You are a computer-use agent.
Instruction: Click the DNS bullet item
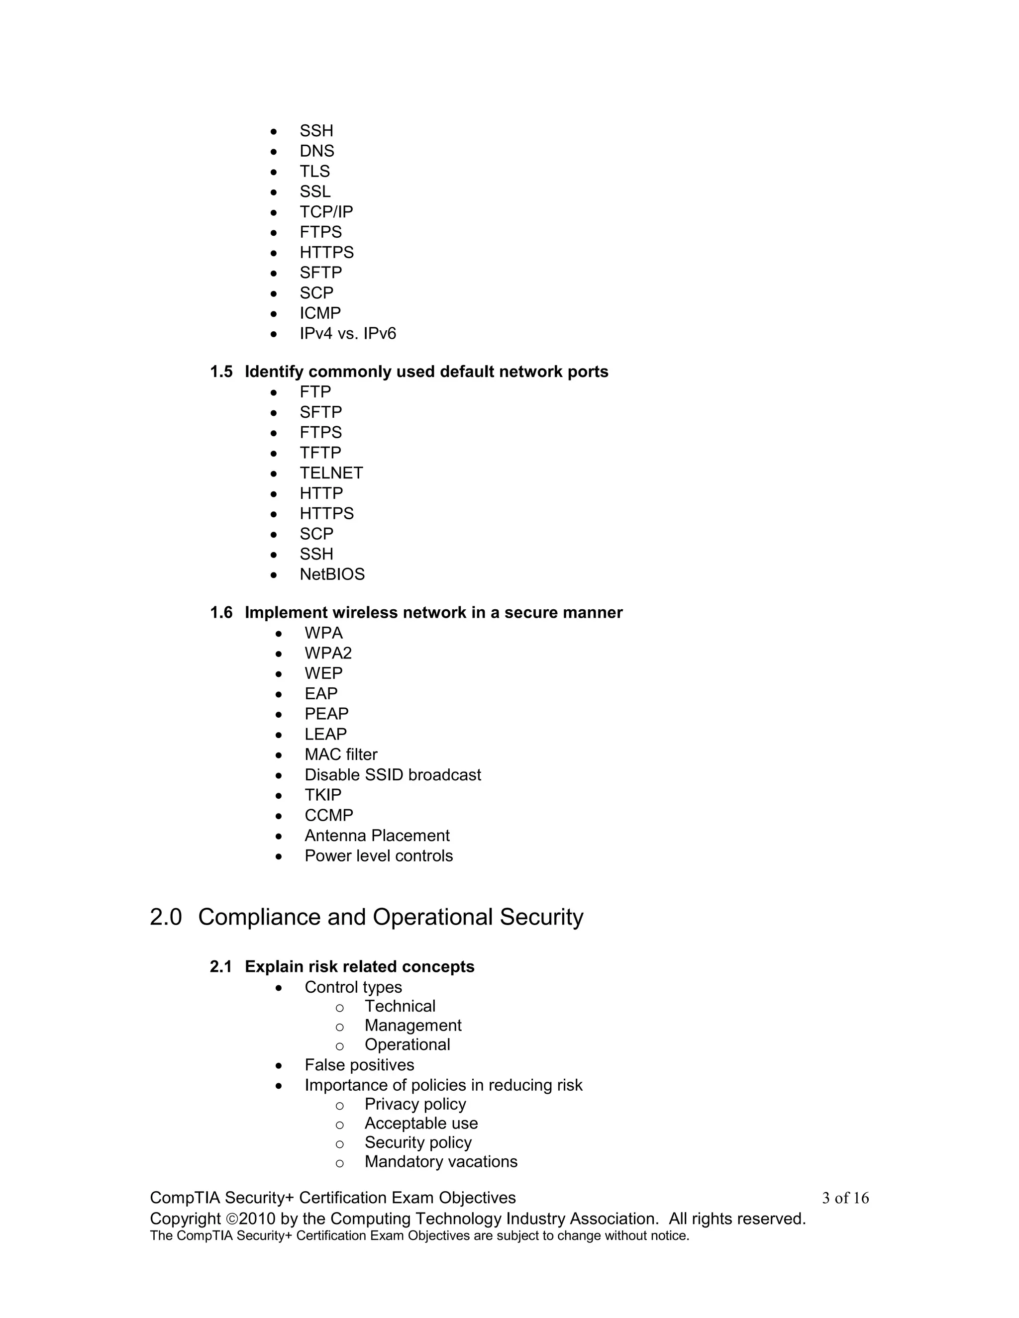316,151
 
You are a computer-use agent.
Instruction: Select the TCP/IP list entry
326,212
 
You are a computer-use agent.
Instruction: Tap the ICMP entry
320,313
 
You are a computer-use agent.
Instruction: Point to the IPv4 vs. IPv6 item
348,334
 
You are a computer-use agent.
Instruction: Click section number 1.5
221,372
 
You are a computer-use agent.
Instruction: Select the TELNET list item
331,473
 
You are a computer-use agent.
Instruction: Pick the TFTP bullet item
320,453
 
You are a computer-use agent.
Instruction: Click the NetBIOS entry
332,574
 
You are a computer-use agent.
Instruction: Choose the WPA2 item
328,653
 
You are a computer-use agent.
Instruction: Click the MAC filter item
340,754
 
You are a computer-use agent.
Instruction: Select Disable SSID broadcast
393,775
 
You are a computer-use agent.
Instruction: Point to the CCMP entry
328,815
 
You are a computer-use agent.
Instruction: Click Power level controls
379,856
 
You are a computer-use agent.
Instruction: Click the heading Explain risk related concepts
359,967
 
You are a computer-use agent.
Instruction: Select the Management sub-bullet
413,1026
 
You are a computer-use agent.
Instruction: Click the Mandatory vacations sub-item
441,1162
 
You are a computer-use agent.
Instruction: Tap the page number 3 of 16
845,1198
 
